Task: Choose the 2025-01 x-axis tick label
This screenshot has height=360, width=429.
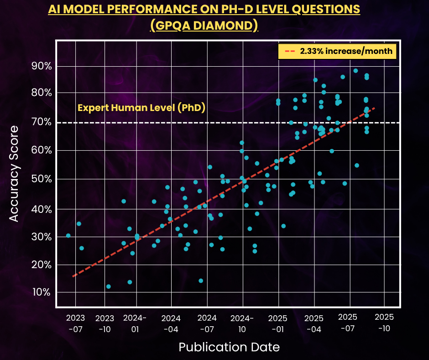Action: coord(278,323)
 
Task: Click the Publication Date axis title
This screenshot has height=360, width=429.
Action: coord(229,347)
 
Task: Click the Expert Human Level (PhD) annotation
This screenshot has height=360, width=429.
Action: coord(141,108)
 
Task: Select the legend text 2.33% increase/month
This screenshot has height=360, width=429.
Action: coord(346,51)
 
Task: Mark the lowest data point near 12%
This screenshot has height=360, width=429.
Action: coord(109,286)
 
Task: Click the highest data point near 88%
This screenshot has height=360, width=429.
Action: coord(356,71)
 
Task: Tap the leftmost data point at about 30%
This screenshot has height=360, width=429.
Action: coord(68,236)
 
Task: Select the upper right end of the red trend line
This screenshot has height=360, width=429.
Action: coord(375,108)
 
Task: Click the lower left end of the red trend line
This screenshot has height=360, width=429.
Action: coord(73,276)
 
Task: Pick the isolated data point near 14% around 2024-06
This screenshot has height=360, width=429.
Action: coord(201,281)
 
